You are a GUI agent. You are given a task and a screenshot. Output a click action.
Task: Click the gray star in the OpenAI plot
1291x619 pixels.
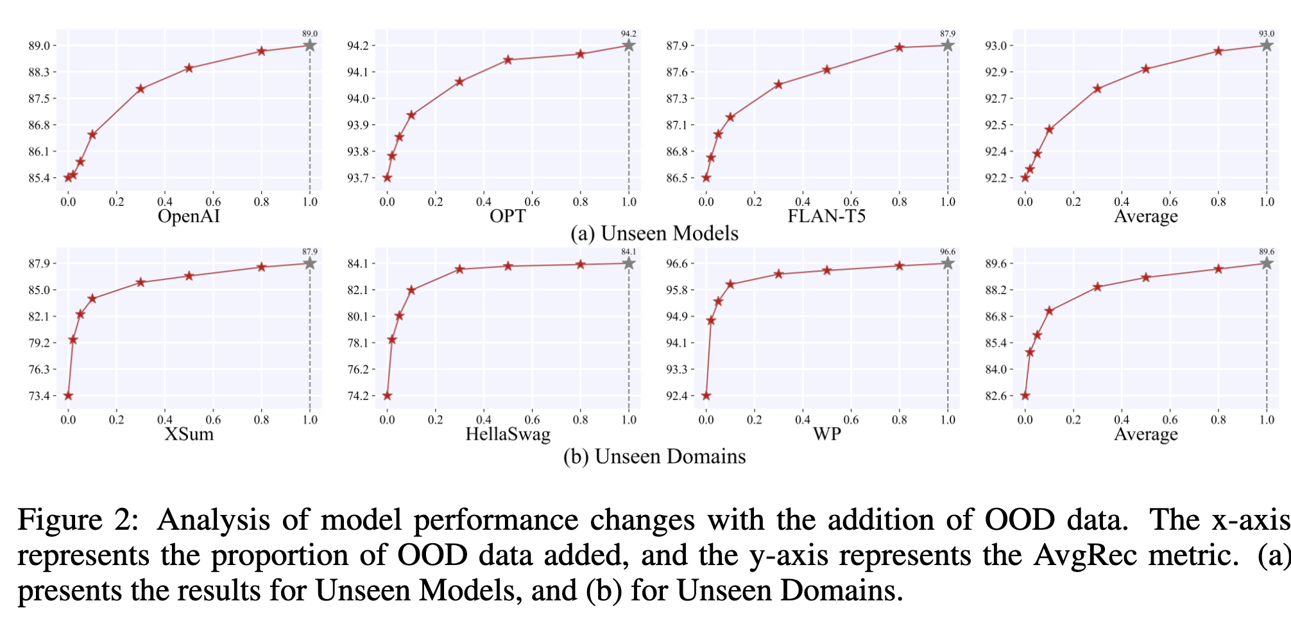[x=310, y=46]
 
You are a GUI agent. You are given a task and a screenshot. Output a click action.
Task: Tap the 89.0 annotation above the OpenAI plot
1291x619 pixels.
[x=310, y=33]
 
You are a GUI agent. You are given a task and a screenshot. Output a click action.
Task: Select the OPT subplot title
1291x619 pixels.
[x=507, y=216]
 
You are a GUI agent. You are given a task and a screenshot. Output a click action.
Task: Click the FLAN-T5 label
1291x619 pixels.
[x=826, y=216]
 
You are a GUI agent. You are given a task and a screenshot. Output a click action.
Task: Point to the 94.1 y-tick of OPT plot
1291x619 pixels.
[x=357, y=72]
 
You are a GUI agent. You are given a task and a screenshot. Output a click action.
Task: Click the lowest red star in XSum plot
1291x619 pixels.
[x=68, y=396]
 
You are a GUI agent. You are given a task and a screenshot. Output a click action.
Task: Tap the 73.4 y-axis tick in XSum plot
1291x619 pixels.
[x=39, y=396]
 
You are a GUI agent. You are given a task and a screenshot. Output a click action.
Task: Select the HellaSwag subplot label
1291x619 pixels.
[x=508, y=435]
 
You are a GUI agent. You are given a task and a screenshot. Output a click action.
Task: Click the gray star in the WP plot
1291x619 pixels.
[x=948, y=263]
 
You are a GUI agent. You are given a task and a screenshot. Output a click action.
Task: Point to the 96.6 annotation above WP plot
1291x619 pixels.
[x=948, y=252]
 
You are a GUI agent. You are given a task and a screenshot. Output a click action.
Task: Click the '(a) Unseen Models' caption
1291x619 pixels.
[x=654, y=233]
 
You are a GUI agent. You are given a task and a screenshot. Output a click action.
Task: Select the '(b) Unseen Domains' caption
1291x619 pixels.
[x=654, y=457]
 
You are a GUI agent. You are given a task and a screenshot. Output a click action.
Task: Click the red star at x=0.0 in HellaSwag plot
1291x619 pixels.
[x=387, y=396]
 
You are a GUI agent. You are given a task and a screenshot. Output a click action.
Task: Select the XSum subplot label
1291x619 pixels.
[x=189, y=435]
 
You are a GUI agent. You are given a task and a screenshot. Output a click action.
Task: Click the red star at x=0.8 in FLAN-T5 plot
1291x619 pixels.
[x=900, y=48]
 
